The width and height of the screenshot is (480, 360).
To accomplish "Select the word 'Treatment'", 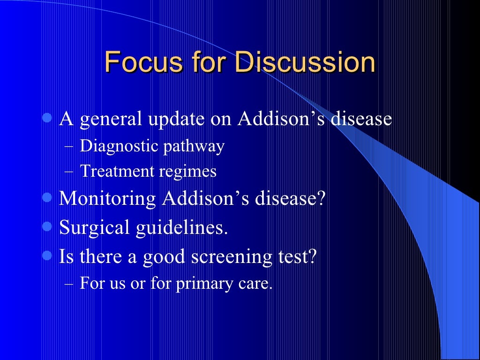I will click(117, 171).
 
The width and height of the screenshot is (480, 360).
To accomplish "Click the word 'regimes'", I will click(187, 172).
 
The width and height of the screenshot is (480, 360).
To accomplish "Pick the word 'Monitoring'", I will click(107, 198).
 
